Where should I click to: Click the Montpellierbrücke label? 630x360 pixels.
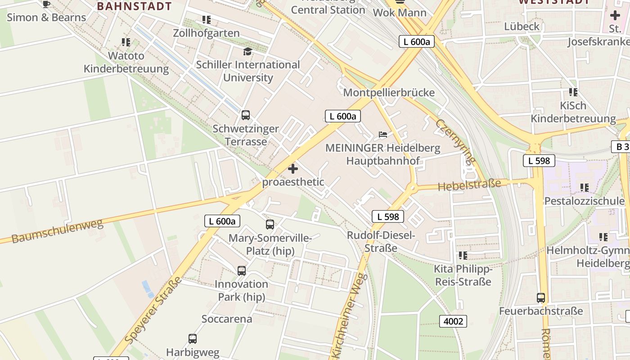tap(389, 93)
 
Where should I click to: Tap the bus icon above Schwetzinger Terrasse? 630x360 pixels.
tap(245, 115)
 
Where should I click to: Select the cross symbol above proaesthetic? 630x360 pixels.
tap(293, 169)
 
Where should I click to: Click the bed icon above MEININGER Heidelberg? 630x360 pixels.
tap(382, 135)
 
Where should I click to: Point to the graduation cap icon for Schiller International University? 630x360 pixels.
tap(247, 51)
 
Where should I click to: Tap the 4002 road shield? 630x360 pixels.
tap(453, 321)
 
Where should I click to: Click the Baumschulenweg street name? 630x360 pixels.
tap(57, 231)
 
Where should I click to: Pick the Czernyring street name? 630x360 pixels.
tap(456, 141)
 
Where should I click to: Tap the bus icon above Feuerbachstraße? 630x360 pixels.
tap(540, 298)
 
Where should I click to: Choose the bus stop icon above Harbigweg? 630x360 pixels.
tap(193, 339)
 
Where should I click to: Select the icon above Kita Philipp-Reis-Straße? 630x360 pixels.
tap(463, 256)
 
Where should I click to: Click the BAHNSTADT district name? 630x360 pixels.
tap(134, 6)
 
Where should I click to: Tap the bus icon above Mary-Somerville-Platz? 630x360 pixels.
tap(270, 225)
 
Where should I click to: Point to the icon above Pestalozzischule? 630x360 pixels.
tap(584, 187)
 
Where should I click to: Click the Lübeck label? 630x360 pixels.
tap(522, 27)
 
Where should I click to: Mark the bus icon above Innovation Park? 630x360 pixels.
tap(242, 271)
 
